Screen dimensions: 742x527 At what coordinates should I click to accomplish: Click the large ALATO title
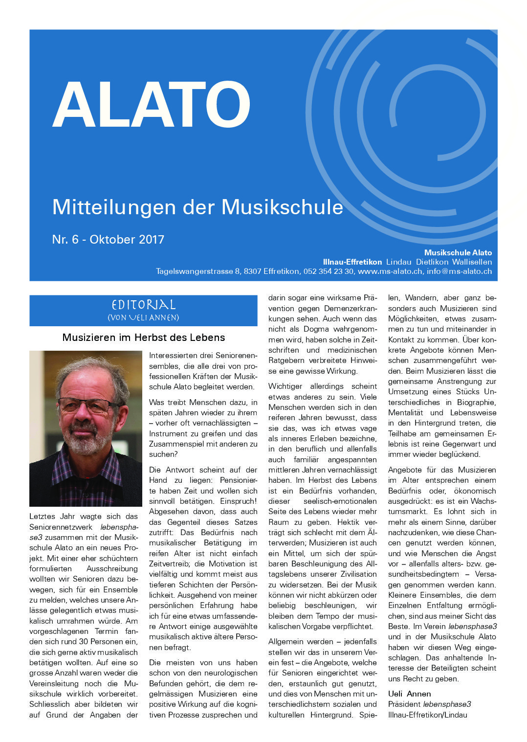152,104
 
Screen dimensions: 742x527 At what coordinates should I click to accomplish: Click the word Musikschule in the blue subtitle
282,207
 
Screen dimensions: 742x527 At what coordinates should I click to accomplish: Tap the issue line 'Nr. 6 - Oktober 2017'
108,239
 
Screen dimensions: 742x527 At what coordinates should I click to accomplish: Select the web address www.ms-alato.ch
390,271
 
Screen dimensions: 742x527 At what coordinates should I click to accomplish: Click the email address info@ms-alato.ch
459,271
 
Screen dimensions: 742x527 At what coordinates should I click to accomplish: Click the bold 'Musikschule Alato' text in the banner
458,252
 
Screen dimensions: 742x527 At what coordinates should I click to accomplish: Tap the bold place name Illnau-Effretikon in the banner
352,262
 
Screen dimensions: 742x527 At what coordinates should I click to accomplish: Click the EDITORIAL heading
143,305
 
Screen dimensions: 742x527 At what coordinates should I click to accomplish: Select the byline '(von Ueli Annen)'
143,317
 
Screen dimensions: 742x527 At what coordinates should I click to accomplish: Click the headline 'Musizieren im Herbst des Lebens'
143,337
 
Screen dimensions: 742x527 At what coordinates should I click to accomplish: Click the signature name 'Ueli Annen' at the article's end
409,694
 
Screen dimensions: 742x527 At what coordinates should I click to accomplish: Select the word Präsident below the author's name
404,704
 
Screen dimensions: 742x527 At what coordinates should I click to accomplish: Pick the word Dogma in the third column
316,329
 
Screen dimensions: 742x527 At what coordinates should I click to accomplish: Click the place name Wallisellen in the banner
472,262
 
